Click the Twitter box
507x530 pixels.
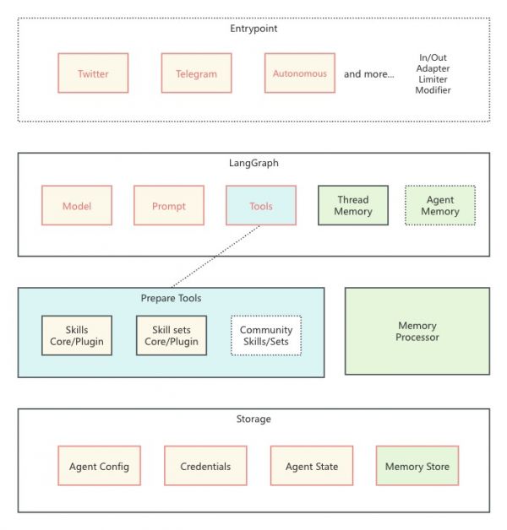click(x=93, y=73)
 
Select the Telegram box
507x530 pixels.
click(x=196, y=73)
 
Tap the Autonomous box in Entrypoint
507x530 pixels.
click(x=299, y=73)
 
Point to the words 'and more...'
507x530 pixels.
click(x=368, y=73)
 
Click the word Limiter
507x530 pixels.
click(x=433, y=78)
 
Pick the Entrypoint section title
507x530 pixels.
click(x=253, y=29)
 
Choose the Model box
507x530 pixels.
click(x=76, y=206)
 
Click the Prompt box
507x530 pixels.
click(x=168, y=206)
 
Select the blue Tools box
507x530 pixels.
click(x=261, y=206)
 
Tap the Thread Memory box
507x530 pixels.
click(x=352, y=206)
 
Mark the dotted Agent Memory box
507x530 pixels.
click(x=439, y=206)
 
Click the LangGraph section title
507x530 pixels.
click(x=253, y=163)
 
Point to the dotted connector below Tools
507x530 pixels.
click(x=215, y=257)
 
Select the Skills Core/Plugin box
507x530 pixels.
click(x=76, y=335)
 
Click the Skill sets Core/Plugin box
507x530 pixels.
click(x=172, y=335)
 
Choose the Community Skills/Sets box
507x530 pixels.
click(x=266, y=335)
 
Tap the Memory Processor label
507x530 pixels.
click(x=417, y=331)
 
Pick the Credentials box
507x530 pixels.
click(x=205, y=467)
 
